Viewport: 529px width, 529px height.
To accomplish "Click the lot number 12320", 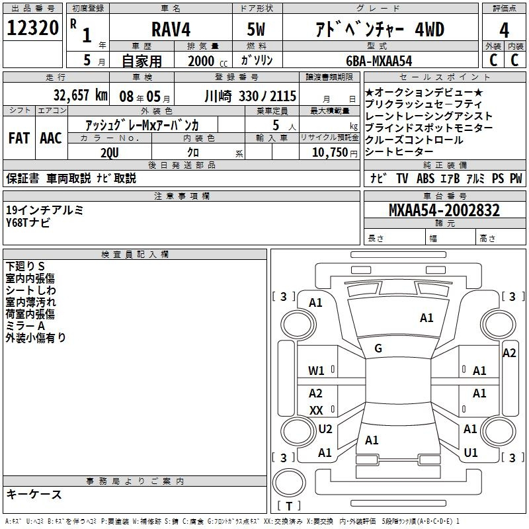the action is click(x=32, y=28).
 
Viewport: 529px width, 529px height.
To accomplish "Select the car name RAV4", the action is click(x=171, y=29).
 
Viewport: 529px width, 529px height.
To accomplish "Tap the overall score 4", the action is click(x=504, y=30).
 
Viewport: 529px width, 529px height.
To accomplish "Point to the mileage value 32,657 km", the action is click(x=80, y=95).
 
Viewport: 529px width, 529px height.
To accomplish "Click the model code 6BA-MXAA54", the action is click(x=379, y=61).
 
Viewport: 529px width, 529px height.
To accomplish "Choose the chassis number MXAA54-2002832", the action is click(x=444, y=210).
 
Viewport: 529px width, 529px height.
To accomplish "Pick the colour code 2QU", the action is click(x=110, y=153).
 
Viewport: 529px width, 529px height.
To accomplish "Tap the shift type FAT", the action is click(x=19, y=138).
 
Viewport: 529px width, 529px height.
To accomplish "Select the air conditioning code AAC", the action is click(x=51, y=138).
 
